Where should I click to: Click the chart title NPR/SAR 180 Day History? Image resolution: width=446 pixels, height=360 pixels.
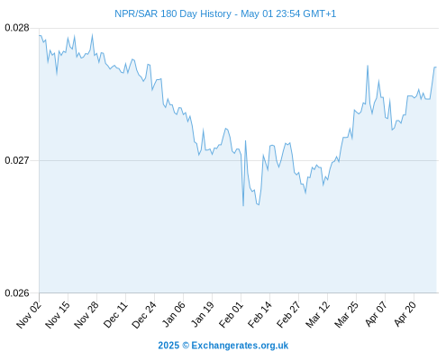coord(173,13)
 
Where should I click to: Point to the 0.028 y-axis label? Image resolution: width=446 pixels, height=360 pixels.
coord(17,28)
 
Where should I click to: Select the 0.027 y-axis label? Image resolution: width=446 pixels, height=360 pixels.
coord(17,160)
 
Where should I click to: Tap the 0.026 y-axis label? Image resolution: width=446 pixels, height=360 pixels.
coord(17,292)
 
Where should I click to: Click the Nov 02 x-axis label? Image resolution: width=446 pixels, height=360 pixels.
coord(29,315)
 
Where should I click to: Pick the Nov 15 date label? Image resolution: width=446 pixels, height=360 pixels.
coord(58,315)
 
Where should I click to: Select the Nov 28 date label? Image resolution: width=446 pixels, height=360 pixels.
coord(86,315)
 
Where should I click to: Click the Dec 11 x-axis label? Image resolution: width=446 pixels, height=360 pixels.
coord(115,315)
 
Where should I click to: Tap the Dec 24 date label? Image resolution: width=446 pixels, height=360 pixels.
coord(144,315)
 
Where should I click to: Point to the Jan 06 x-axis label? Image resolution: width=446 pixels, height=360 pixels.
coord(173,315)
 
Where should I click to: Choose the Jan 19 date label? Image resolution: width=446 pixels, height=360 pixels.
coord(203,315)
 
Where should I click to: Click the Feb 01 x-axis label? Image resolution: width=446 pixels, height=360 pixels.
coord(231,315)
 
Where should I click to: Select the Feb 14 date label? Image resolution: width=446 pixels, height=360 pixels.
coord(259,315)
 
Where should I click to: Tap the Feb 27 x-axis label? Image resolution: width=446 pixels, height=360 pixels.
coord(288,315)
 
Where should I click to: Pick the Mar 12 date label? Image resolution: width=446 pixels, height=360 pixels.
coord(317,315)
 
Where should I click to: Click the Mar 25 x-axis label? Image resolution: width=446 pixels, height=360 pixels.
coord(346,315)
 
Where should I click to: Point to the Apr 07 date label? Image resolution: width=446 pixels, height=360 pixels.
coord(376,315)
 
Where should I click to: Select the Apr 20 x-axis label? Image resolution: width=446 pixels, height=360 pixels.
coord(405,315)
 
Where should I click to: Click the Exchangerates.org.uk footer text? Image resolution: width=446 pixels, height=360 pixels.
coord(240,346)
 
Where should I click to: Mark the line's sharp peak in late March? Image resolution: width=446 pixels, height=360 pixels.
coord(368,66)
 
